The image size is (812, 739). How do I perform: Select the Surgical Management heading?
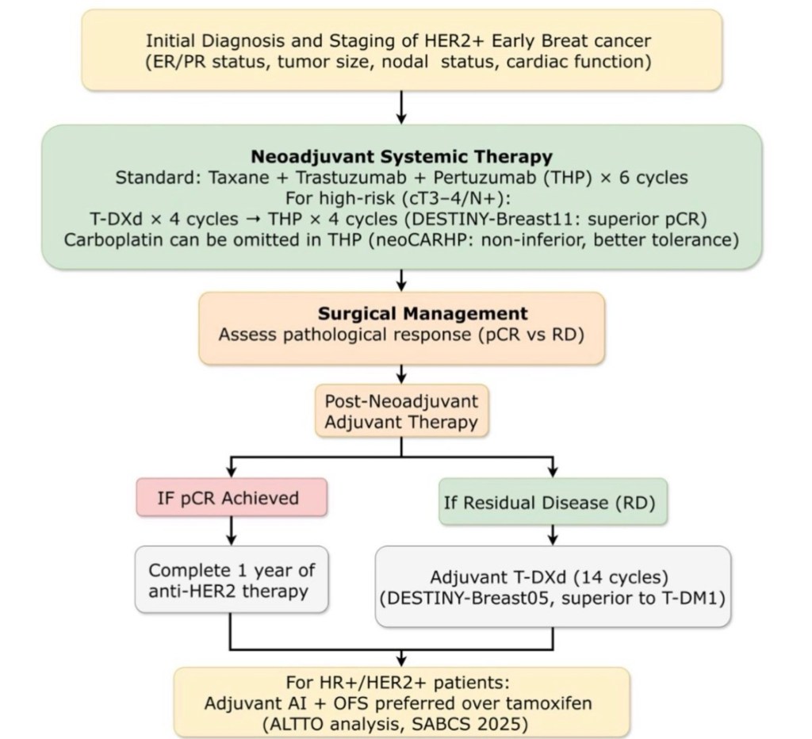coord(401,312)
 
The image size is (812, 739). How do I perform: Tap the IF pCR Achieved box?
coord(232,498)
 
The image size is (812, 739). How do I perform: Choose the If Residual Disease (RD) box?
coord(553,502)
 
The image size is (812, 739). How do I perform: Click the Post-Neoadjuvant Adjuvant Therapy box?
coord(401,411)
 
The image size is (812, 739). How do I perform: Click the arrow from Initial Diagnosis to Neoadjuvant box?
coord(401,107)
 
